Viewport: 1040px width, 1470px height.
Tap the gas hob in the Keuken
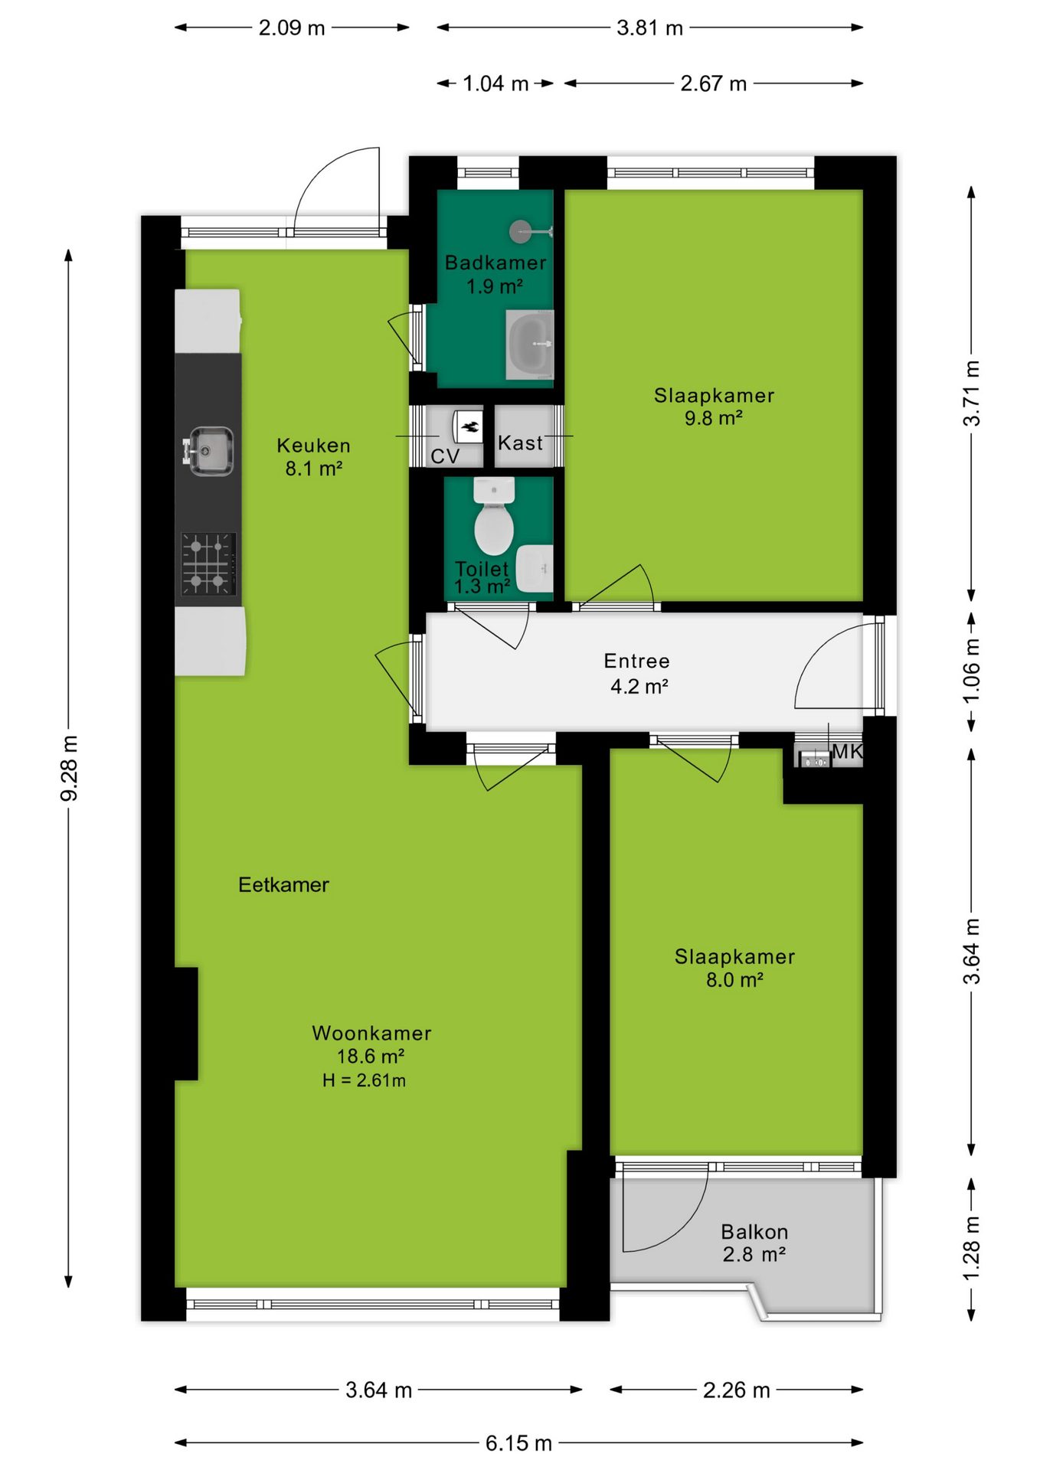click(x=208, y=564)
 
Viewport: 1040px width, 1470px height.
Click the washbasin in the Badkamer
click(x=529, y=345)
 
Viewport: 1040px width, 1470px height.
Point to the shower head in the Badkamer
click(x=521, y=230)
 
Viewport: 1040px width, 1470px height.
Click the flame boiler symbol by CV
click(x=468, y=426)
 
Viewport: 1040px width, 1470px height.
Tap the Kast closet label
click(x=520, y=443)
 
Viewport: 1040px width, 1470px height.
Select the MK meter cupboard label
click(x=847, y=751)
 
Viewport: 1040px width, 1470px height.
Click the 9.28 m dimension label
click(x=69, y=769)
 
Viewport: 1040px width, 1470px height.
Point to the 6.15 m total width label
click(x=518, y=1443)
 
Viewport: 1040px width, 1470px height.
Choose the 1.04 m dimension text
click(x=495, y=83)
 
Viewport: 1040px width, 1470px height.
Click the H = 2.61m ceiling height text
click(x=364, y=1080)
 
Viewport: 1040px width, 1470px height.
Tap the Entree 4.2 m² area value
click(x=639, y=686)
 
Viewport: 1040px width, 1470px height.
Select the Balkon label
click(x=754, y=1232)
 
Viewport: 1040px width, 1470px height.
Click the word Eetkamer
click(x=283, y=885)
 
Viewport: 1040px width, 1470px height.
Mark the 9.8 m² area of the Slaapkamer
click(x=713, y=418)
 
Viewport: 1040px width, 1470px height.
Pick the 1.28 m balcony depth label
click(x=971, y=1248)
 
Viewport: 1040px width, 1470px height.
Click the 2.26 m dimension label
click(x=736, y=1390)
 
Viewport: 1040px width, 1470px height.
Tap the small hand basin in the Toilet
click(x=535, y=569)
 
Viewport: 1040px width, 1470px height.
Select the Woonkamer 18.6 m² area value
click(x=371, y=1057)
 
